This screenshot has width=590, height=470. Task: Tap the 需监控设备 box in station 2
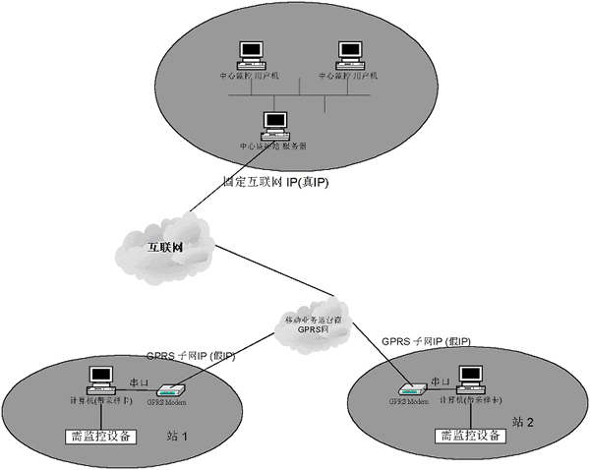tap(469, 435)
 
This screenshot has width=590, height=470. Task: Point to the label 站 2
tap(522, 421)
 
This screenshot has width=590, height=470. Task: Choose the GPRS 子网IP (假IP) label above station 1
tap(191, 355)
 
